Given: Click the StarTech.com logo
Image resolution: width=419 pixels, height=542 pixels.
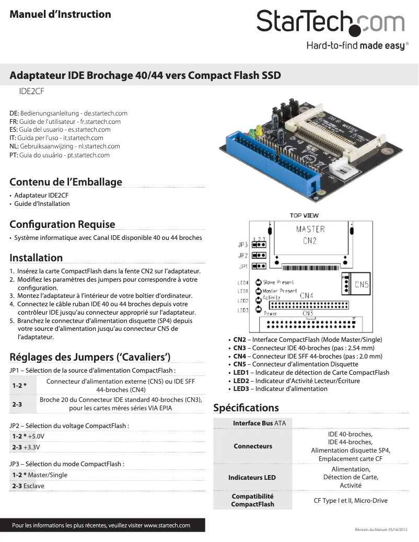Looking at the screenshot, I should click(x=330, y=24).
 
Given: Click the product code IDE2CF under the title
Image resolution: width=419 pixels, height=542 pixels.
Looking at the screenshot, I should click(x=32, y=90).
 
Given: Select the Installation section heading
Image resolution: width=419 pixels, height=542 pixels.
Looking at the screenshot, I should click(x=36, y=258).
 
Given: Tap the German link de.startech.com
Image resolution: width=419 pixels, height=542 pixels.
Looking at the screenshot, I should click(x=106, y=113).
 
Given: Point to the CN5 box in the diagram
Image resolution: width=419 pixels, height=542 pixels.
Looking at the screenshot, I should click(x=362, y=285).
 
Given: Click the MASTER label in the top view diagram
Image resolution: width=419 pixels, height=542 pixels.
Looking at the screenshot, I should click(x=310, y=229).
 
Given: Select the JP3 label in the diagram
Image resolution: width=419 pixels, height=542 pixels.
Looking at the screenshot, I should click(x=243, y=244).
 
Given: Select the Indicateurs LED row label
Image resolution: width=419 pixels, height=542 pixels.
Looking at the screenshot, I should click(x=252, y=478).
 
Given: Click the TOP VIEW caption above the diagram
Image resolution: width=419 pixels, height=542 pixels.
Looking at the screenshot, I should click(x=304, y=215).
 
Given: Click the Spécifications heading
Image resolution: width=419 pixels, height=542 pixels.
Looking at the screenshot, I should click(x=246, y=408).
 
